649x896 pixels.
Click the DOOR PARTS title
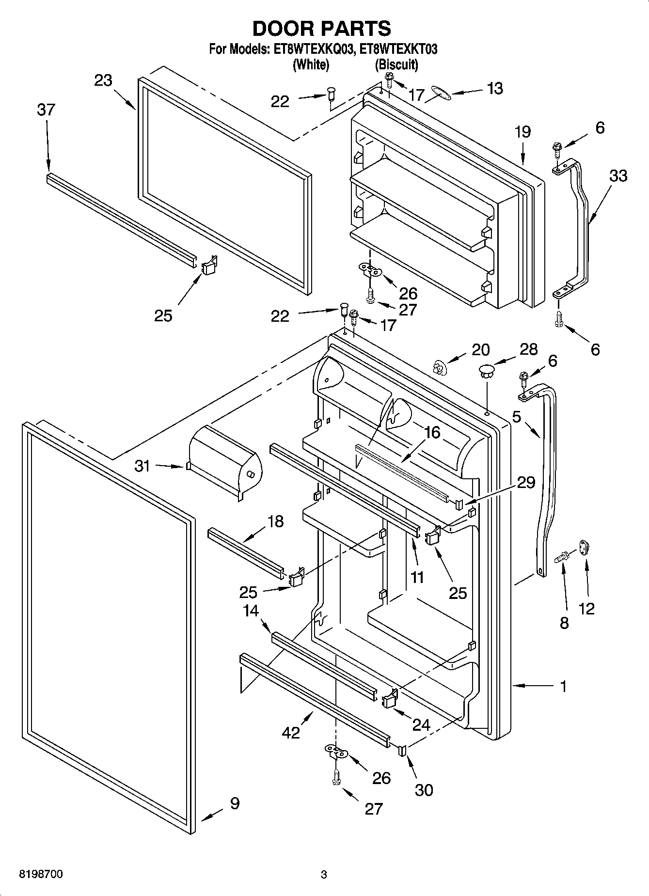(322, 29)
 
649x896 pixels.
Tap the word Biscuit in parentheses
(396, 64)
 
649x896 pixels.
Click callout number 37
(46, 110)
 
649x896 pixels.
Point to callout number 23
(103, 80)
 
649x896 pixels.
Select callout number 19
(523, 131)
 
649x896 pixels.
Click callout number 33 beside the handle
(618, 175)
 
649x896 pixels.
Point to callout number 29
(526, 482)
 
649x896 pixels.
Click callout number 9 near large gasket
(234, 803)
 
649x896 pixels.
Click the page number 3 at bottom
(324, 875)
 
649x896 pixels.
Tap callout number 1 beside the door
(563, 686)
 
